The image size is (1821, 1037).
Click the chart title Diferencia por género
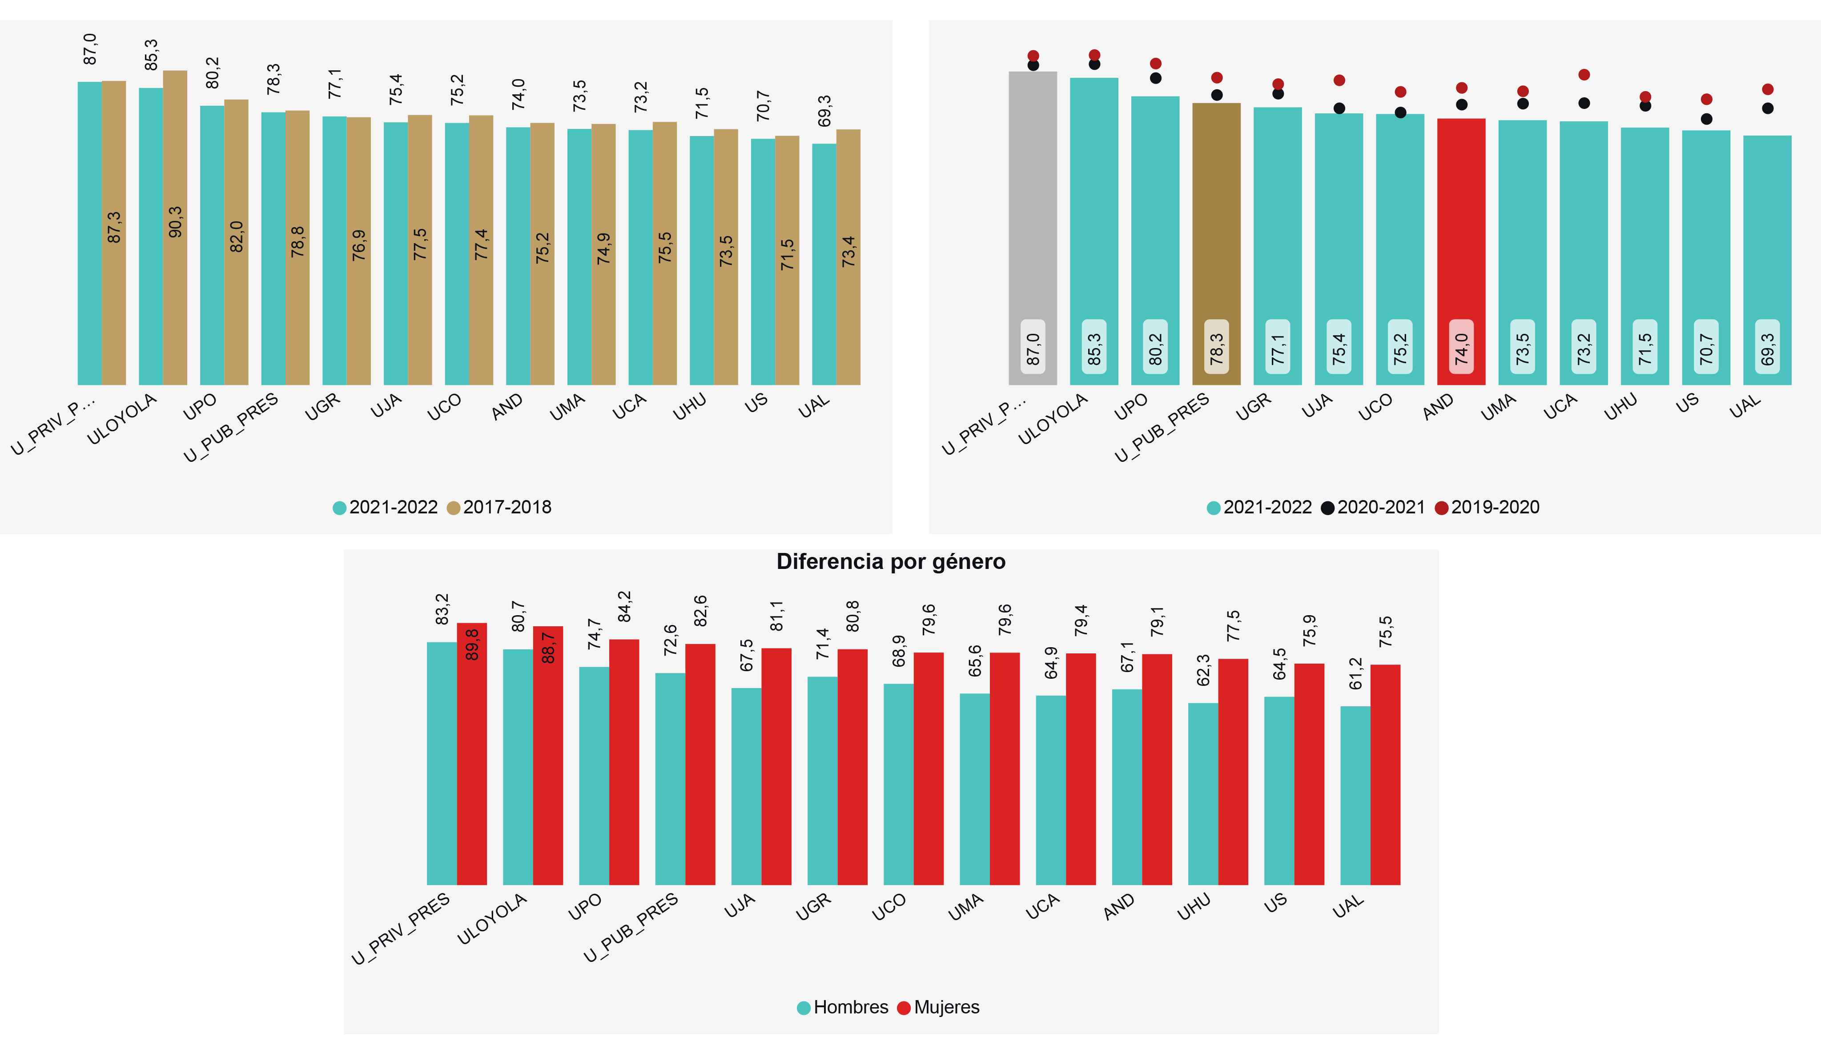tap(891, 562)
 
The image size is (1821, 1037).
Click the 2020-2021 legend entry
tap(1373, 507)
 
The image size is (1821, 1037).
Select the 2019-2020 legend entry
tap(1487, 507)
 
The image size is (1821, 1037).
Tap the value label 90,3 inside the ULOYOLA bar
tap(175, 222)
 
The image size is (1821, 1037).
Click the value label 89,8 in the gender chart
tap(472, 645)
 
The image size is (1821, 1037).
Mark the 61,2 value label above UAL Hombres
tap(1355, 674)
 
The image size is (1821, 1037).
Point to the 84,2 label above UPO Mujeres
tap(624, 607)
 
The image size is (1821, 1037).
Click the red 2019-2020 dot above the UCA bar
tap(1584, 75)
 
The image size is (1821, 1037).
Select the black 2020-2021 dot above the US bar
tap(1706, 119)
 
